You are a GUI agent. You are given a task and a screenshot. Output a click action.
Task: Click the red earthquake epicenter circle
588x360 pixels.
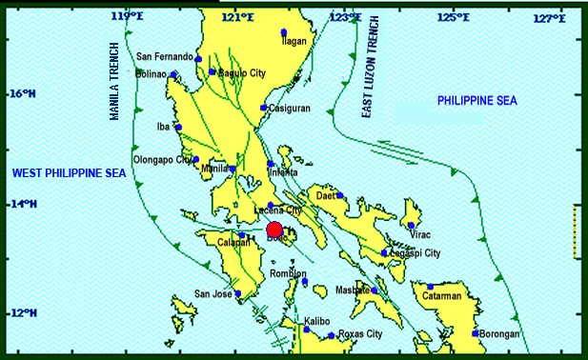tap(274, 230)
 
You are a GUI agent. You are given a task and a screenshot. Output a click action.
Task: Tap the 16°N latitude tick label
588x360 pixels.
tap(22, 94)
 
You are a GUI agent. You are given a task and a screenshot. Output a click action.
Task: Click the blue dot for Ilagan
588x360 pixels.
tap(284, 33)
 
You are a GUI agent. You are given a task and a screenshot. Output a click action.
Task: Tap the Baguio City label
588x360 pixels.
tap(241, 73)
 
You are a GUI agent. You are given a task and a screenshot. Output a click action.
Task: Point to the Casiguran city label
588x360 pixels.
tap(290, 109)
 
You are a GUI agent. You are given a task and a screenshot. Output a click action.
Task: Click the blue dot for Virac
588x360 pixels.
tap(411, 226)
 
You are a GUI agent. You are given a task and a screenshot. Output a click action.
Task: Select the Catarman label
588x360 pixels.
tap(442, 296)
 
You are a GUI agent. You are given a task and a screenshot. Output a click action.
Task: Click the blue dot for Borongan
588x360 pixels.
tap(475, 333)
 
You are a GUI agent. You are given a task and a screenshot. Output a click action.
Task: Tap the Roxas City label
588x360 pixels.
tap(361, 334)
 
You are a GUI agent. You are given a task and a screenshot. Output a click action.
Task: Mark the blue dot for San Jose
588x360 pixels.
tap(238, 294)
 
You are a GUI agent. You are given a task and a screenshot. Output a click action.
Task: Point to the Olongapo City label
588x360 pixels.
tap(163, 160)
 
